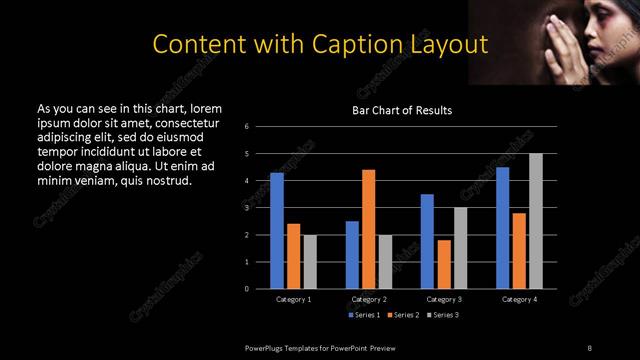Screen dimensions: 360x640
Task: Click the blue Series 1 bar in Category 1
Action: (x=277, y=230)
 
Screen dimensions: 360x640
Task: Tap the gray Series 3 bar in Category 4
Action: (x=536, y=220)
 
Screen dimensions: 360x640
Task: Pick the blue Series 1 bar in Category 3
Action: (x=427, y=241)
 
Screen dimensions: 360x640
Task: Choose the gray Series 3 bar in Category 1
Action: (x=310, y=261)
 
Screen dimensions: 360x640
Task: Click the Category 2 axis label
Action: (x=369, y=300)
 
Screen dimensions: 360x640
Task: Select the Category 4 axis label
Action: (x=519, y=300)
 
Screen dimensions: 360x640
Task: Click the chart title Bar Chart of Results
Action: (x=401, y=110)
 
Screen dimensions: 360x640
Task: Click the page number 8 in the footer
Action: (x=589, y=347)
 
